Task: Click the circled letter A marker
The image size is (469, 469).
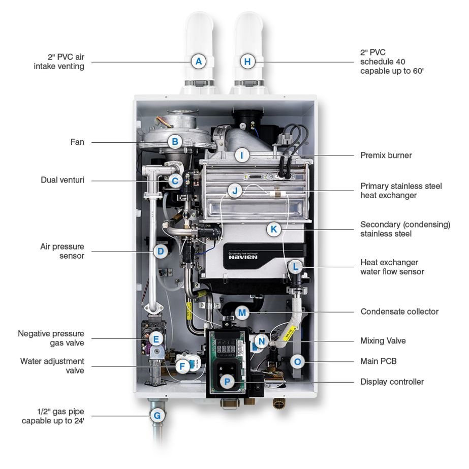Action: (199, 62)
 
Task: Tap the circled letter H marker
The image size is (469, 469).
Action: (247, 62)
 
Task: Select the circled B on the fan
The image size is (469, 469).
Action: (175, 142)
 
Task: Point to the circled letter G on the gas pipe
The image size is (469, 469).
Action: (157, 416)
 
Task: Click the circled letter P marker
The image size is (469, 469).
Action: (227, 382)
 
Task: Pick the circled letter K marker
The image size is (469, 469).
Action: (274, 230)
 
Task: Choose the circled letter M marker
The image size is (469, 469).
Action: (242, 311)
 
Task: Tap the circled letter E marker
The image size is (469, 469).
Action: (156, 339)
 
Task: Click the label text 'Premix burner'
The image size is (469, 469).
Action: (386, 155)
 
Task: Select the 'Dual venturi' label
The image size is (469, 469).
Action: (62, 180)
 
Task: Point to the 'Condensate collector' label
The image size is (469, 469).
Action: (399, 311)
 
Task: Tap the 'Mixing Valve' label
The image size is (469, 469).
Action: (383, 341)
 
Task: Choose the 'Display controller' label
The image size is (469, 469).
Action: (392, 382)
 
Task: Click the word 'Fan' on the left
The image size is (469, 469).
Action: (77, 142)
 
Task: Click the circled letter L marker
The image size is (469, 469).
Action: (295, 266)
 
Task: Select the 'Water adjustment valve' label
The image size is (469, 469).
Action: (52, 366)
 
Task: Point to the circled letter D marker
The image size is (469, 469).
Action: (161, 251)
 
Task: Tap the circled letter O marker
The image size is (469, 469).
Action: (298, 362)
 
